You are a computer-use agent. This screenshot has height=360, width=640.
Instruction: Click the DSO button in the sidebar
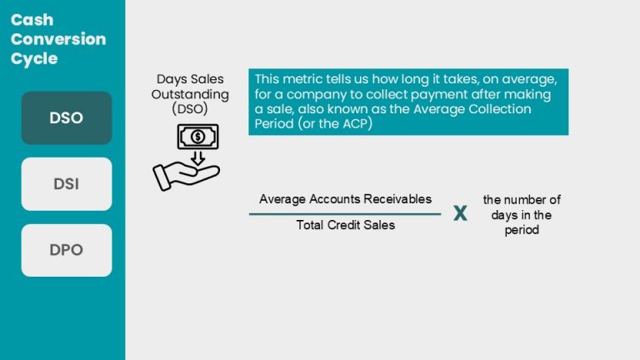point(67,117)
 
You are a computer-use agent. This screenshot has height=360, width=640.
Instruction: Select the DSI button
point(67,184)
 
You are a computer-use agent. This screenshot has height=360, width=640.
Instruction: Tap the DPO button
point(67,250)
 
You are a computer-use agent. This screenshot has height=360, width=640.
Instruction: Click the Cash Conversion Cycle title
point(58,39)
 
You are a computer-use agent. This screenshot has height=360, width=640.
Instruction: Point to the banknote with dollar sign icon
point(197,136)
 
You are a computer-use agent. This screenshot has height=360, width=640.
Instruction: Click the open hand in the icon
point(185,174)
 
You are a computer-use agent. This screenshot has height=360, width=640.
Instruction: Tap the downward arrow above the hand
point(197,157)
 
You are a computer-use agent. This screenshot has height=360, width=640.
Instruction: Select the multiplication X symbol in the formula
point(460,214)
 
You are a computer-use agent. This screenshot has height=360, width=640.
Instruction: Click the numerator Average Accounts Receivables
point(345,199)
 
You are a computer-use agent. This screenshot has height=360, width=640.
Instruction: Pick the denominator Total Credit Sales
point(345,225)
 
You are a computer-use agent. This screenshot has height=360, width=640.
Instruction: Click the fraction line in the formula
point(345,213)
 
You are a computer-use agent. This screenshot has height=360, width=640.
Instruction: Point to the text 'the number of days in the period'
point(522,215)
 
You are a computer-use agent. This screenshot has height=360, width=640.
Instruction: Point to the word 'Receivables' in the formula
point(397,199)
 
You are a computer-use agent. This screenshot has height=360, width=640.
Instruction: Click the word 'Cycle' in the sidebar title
point(34,58)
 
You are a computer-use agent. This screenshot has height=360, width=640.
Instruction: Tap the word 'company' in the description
point(311,94)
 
